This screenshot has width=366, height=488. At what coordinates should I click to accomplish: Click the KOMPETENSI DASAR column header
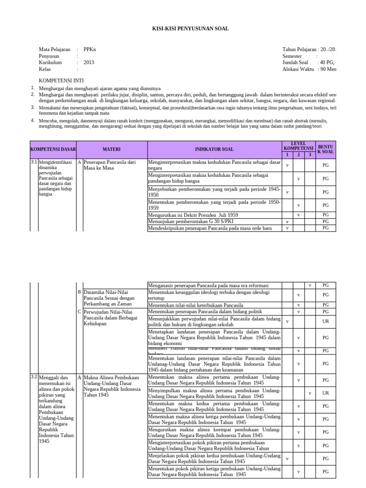click(53, 149)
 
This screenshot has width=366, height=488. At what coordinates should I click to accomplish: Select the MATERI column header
click(112, 149)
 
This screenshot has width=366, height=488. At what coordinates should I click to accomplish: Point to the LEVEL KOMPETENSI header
click(299, 146)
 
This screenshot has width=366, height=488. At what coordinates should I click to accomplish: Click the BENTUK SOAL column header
click(326, 149)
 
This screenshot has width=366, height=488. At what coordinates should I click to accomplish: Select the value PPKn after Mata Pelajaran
click(90, 49)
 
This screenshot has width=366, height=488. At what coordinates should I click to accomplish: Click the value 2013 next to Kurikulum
click(89, 62)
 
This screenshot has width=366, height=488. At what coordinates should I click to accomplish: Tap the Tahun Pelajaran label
click(299, 49)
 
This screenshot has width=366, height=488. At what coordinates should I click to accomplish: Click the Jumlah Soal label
click(295, 62)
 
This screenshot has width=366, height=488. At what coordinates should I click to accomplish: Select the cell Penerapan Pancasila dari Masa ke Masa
click(109, 165)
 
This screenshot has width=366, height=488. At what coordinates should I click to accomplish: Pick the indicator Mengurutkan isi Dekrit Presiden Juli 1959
click(197, 215)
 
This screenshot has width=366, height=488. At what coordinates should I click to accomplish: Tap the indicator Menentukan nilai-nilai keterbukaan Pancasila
click(195, 305)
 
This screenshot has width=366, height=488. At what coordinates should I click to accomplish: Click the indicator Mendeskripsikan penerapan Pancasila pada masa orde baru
click(210, 228)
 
